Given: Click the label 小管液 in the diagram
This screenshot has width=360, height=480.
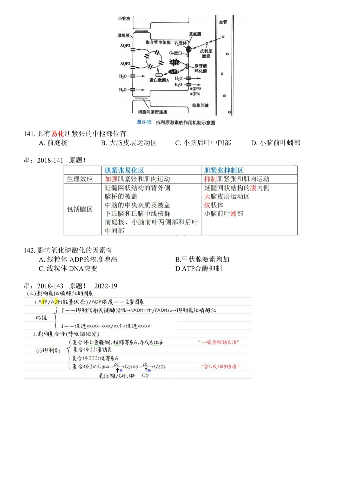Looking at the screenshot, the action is [x=124, y=19].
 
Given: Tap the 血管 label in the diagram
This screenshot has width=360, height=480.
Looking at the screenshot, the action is [x=223, y=22].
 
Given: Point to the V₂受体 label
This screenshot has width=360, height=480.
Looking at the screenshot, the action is [x=181, y=43].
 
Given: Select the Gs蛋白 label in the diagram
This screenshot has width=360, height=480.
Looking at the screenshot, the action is [x=176, y=53].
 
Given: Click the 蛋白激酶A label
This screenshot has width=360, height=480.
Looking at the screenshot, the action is [x=159, y=80].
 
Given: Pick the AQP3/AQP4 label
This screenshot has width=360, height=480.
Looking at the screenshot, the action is [x=195, y=91].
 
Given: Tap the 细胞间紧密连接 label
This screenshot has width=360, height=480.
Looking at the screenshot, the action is [x=153, y=112].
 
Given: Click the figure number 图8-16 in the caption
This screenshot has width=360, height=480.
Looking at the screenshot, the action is [x=144, y=122].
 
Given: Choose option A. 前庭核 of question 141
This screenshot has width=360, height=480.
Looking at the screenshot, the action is [x=53, y=143].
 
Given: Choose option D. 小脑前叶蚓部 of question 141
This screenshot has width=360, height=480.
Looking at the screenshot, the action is [x=276, y=143].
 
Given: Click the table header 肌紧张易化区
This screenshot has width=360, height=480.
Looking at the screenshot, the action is [x=124, y=170].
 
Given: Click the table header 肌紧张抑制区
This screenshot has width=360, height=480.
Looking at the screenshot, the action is [x=224, y=170].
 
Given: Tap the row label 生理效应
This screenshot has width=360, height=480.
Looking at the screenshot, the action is [x=80, y=179].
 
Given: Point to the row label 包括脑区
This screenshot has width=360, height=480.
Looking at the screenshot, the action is [x=80, y=209].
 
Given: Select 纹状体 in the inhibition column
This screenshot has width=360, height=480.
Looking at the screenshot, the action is [x=214, y=205].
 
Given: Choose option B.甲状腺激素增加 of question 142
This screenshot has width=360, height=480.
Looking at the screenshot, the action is [x=202, y=260].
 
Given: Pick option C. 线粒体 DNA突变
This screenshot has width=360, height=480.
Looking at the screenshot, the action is [x=68, y=269].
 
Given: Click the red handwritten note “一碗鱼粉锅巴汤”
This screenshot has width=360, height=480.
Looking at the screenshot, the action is [x=219, y=342].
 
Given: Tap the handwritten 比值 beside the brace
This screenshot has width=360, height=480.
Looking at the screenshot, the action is [x=42, y=318].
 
